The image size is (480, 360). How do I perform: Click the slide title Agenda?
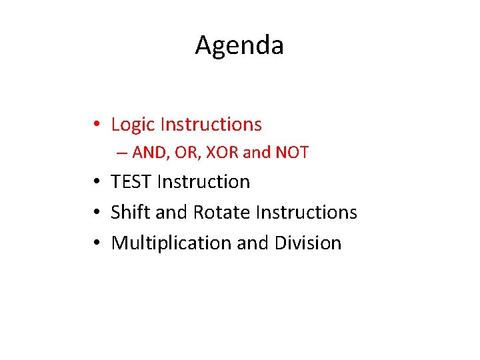click(239, 46)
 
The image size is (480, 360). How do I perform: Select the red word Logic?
click(133, 125)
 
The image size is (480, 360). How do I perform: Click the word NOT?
click(291, 153)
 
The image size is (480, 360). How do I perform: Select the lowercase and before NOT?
click(256, 153)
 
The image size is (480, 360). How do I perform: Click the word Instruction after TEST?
click(204, 181)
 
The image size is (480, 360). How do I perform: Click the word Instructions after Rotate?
click(307, 212)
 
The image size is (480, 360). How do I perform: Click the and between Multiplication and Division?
click(253, 243)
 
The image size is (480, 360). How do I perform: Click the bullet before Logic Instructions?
click(97, 125)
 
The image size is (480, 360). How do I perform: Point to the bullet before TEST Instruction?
click(97, 182)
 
